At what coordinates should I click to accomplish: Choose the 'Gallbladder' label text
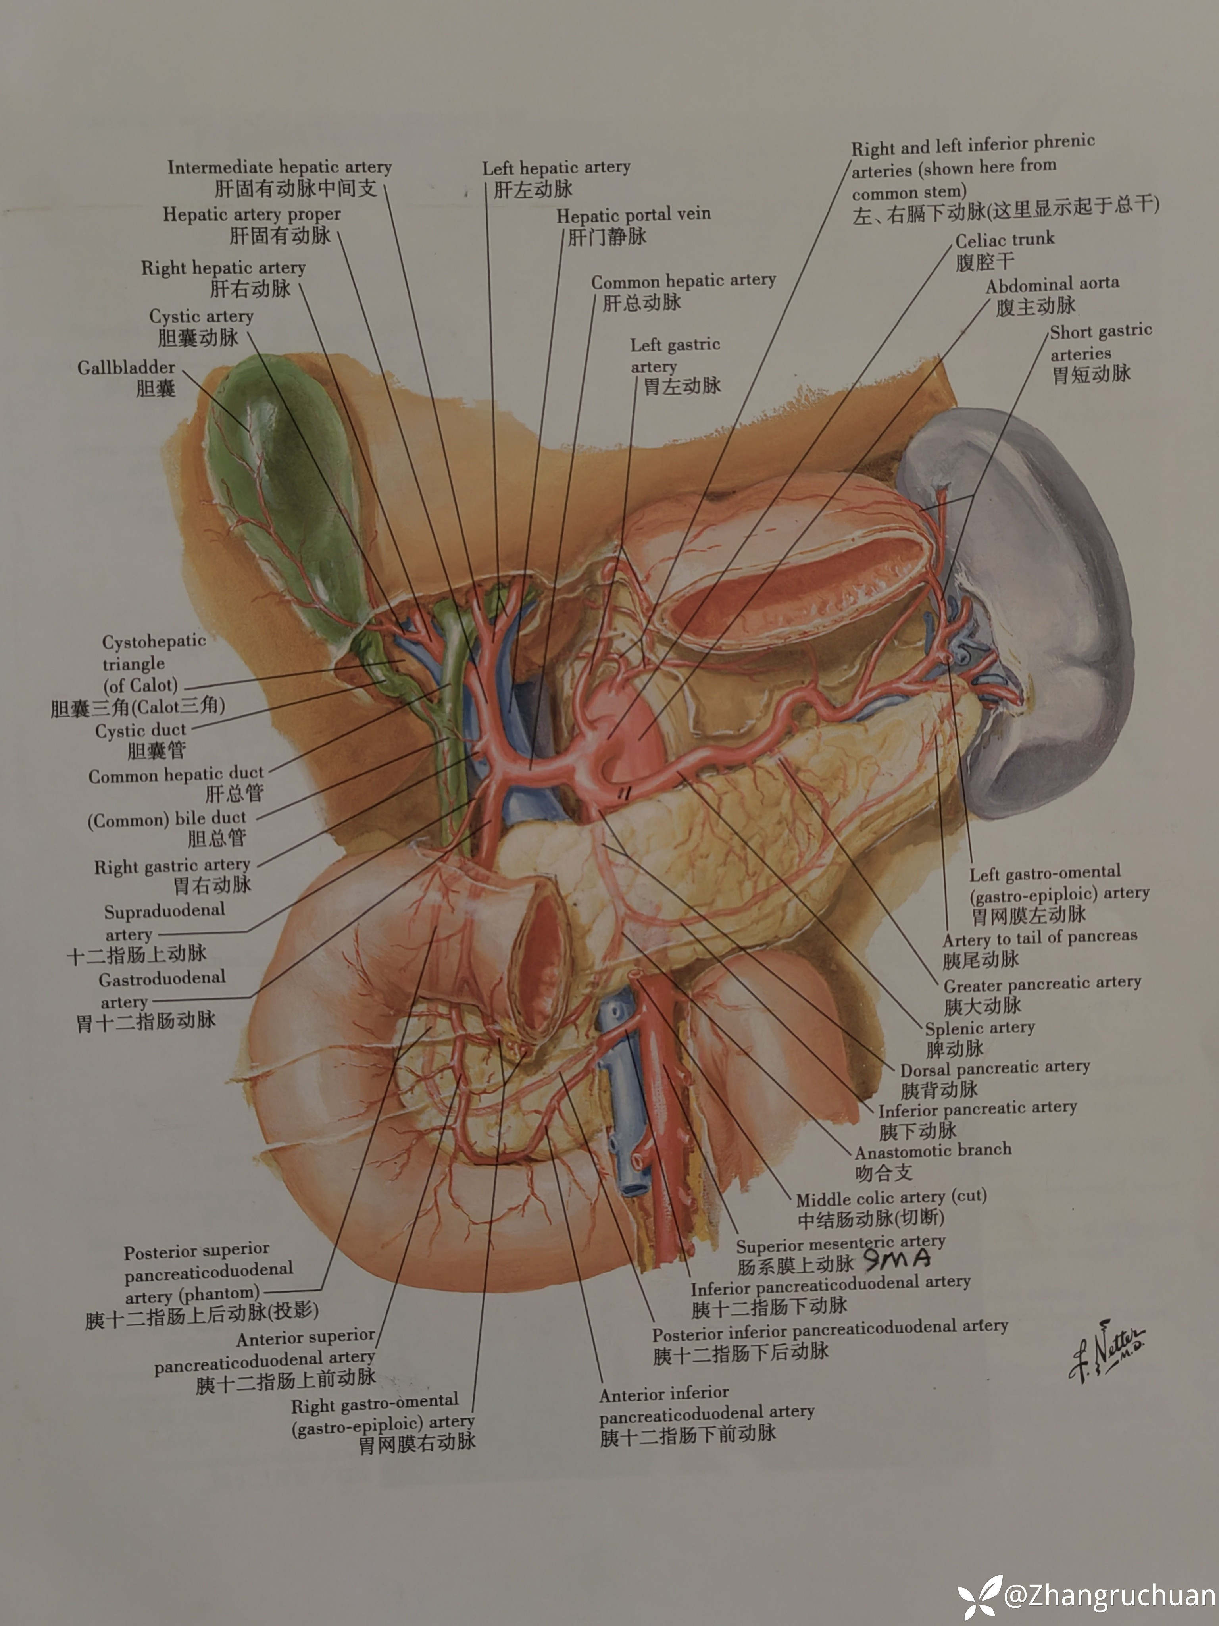(126, 368)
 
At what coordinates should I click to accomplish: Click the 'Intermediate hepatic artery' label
(279, 168)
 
